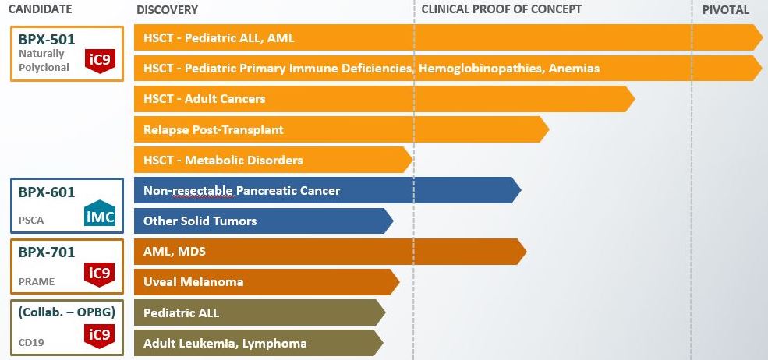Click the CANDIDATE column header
pyautogui.click(x=41, y=9)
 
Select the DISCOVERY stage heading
pyautogui.click(x=168, y=10)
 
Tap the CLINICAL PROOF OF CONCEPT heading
pyautogui.click(x=501, y=9)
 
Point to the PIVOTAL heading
pyautogui.click(x=726, y=10)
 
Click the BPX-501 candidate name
pyautogui.click(x=47, y=39)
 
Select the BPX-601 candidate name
pyautogui.click(x=47, y=192)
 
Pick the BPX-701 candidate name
pyautogui.click(x=47, y=252)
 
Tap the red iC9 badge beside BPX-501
pyautogui.click(x=100, y=62)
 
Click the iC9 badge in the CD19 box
pyautogui.click(x=100, y=336)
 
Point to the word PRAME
pyautogui.click(x=37, y=281)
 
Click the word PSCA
pyautogui.click(x=31, y=221)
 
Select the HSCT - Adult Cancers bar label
pyautogui.click(x=204, y=99)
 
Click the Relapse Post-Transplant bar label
pyautogui.click(x=214, y=130)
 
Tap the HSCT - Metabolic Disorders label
pyautogui.click(x=223, y=161)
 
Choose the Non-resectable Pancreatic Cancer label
pyautogui.click(x=242, y=191)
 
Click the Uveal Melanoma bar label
pyautogui.click(x=193, y=282)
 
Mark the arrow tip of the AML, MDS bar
pyautogui.click(x=526, y=252)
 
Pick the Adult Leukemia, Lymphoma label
pyautogui.click(x=225, y=344)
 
